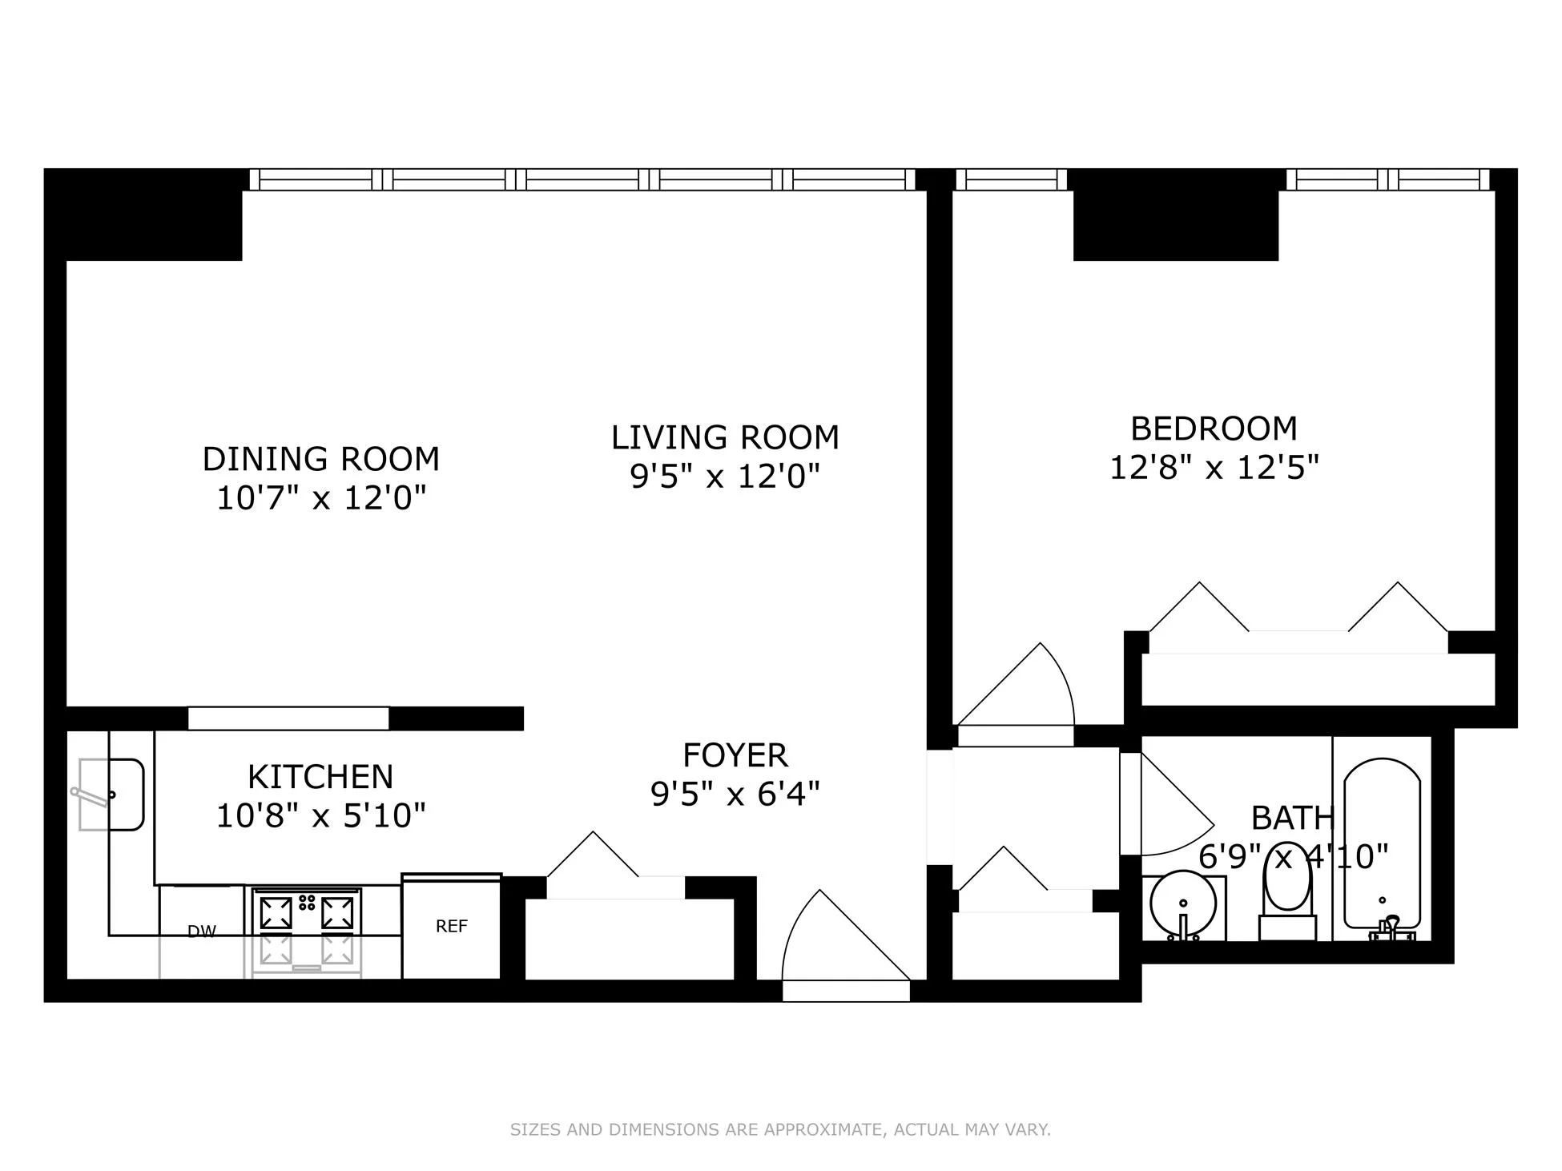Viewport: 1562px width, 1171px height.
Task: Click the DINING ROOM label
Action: point(320,459)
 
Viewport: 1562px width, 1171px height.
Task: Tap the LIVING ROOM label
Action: point(725,437)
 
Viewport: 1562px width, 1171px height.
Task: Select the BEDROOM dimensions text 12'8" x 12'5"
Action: point(1214,467)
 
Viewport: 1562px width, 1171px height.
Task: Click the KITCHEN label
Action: point(320,776)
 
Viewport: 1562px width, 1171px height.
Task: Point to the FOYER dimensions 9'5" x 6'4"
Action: point(735,794)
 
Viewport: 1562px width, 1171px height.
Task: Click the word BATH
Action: point(1292,818)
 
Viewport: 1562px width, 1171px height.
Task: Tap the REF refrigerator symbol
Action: point(451,926)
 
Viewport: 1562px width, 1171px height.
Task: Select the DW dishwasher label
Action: point(201,931)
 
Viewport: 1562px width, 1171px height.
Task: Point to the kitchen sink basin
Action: point(112,795)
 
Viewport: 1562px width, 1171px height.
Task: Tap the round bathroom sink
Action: point(1183,904)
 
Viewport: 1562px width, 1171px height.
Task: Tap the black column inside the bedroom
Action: point(1175,216)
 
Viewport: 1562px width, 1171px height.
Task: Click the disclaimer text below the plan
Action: point(780,1129)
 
